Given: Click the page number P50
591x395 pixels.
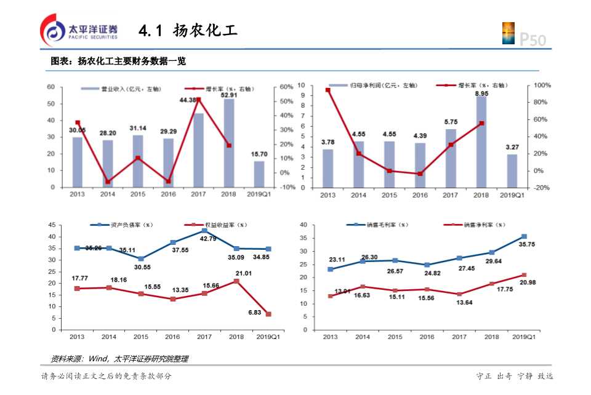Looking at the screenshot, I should (533, 39).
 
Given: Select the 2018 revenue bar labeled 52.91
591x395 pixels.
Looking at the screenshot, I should (228, 143).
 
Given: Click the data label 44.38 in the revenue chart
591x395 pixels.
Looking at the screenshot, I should (188, 100).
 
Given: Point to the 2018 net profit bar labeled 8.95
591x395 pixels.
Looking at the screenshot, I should (481, 142).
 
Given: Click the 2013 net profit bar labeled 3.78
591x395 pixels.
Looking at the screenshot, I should (328, 168).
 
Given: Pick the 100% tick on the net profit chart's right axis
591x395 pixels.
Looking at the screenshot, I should (542, 85).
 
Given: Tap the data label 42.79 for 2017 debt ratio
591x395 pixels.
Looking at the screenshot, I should (207, 239).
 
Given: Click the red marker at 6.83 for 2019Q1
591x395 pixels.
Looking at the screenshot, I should (268, 314).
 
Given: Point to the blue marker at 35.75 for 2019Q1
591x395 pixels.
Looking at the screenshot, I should (524, 236).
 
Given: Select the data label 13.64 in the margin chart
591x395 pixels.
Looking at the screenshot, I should (459, 302).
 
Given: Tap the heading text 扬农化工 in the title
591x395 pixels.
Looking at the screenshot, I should (205, 30).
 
